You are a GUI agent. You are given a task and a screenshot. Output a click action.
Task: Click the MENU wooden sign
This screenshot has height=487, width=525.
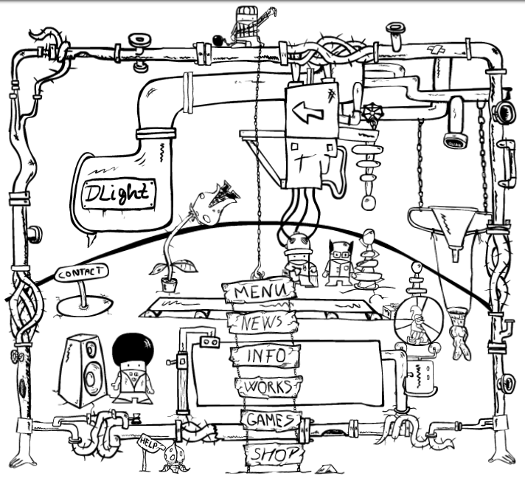tap(259, 291)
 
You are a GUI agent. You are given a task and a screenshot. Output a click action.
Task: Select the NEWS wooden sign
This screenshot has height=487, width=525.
tap(264, 322)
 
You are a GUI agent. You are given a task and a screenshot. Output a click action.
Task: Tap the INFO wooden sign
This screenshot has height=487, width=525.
tap(265, 355)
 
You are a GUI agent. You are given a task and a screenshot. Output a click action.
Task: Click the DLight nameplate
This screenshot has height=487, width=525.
tap(119, 194)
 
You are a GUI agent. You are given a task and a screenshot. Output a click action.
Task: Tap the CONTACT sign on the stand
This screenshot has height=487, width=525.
tap(81, 272)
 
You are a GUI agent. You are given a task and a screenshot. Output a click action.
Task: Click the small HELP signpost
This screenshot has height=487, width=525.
tap(149, 443)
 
